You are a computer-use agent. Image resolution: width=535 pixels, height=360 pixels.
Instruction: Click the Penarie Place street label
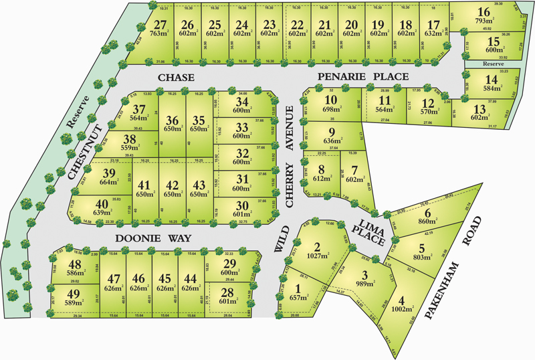pyautogui.click(x=362, y=78)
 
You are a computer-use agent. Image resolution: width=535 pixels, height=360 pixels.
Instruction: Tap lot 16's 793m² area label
pyautogui.click(x=484, y=21)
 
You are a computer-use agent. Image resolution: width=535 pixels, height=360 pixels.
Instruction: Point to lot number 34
pyautogui.click(x=241, y=102)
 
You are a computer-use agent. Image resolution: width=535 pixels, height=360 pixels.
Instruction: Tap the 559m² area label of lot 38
pyautogui.click(x=130, y=150)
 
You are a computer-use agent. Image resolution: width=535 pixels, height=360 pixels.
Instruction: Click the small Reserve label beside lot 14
pyautogui.click(x=492, y=64)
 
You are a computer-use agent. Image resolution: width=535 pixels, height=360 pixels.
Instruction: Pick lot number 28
pyautogui.click(x=228, y=291)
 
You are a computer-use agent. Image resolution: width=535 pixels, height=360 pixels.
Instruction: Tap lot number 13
pyautogui.click(x=479, y=109)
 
